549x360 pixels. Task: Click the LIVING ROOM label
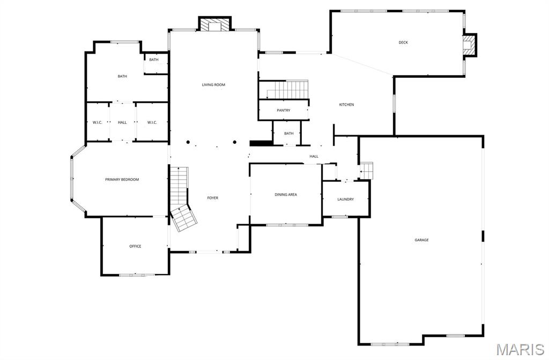[x=213, y=85]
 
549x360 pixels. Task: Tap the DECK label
[x=403, y=42]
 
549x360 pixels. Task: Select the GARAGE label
[x=421, y=240]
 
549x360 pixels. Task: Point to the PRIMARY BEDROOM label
[x=122, y=179]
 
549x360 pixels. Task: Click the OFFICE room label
[x=135, y=246]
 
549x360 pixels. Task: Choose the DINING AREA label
[x=286, y=194]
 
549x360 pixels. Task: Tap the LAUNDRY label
[x=345, y=199]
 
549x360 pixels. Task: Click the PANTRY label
[x=284, y=111]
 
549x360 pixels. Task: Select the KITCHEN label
[x=346, y=104]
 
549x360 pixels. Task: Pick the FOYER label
[x=213, y=198]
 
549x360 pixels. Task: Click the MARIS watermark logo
[x=520, y=350]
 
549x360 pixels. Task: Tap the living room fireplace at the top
[x=215, y=25]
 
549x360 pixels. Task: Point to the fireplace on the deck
[x=470, y=45]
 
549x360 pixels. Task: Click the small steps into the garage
[x=366, y=171]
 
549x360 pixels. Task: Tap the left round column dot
[x=188, y=142]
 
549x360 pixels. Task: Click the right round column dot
[x=235, y=142]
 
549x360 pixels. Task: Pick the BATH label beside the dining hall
[x=289, y=134]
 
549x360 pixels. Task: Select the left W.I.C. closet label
[x=97, y=122]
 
